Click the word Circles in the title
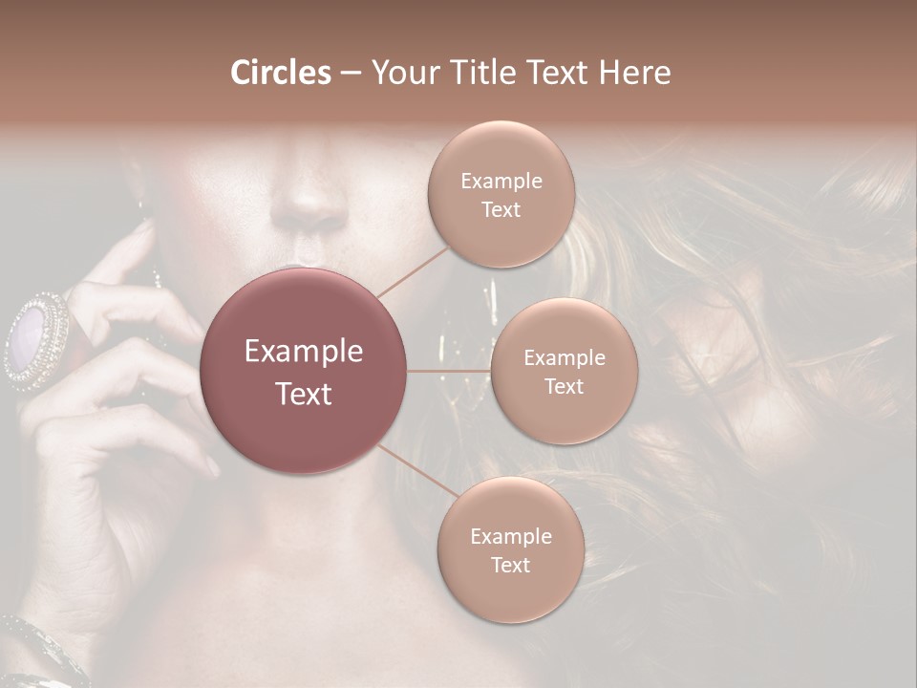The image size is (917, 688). click(x=281, y=73)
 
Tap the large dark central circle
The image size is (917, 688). click(x=304, y=371)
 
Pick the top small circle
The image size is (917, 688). click(x=501, y=194)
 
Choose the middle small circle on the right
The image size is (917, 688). click(x=564, y=371)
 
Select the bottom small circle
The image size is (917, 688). click(x=510, y=550)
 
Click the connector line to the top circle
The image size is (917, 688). click(x=413, y=269)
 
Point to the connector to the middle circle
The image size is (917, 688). click(x=448, y=371)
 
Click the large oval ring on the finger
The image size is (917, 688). click(x=36, y=339)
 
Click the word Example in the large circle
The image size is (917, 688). click(x=304, y=352)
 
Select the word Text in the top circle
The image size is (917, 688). click(x=501, y=210)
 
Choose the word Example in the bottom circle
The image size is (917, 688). click(x=510, y=536)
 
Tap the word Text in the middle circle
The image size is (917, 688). click(x=564, y=387)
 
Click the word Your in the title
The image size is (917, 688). click(x=404, y=73)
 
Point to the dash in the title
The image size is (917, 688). click(x=351, y=74)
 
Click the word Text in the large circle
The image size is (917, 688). click(x=304, y=394)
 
